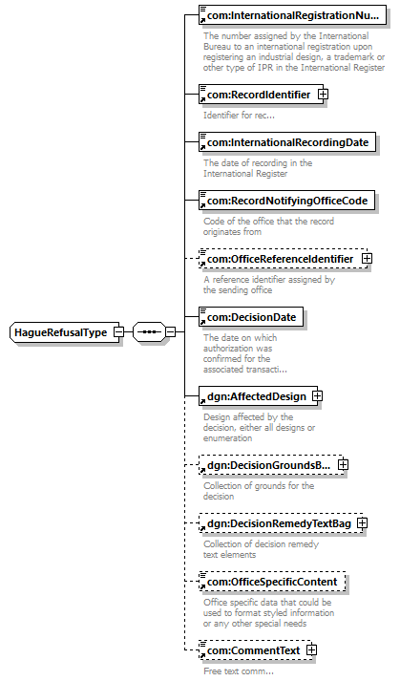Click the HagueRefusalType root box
point(64,332)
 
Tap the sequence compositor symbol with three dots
point(149,332)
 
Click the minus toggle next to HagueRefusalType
point(118,332)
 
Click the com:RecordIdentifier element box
point(261,95)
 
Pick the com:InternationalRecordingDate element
point(287,142)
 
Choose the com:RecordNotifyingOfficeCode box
point(286,201)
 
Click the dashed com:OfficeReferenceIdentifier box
point(284,259)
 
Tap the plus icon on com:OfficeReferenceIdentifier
point(367,259)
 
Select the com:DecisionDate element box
point(251,317)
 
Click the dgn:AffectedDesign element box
point(259,396)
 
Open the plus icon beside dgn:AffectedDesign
point(318,396)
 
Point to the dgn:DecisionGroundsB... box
point(271,465)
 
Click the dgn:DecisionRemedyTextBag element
point(281,523)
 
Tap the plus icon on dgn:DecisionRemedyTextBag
point(362,523)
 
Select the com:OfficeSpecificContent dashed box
point(272,582)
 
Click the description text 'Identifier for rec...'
point(239,116)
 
